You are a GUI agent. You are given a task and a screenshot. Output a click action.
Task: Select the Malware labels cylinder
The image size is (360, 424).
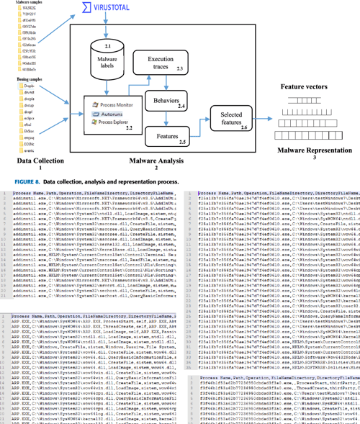click(x=107, y=58)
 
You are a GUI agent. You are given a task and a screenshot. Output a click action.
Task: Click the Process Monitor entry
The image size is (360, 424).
click(x=115, y=105)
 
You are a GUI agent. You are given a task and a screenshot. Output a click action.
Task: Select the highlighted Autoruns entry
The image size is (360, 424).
click(x=112, y=114)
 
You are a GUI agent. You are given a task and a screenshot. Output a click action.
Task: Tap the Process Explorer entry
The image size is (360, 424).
click(x=114, y=122)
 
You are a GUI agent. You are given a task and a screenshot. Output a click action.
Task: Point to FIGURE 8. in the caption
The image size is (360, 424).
click(x=22, y=182)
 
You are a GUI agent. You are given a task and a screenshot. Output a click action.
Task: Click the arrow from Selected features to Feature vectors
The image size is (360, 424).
click(x=264, y=117)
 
